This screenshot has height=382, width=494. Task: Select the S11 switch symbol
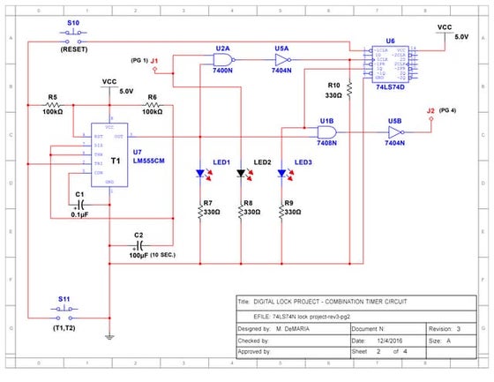tap(65, 311)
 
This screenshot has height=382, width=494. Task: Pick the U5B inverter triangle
tap(393, 132)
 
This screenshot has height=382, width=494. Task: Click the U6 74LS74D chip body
tap(390, 64)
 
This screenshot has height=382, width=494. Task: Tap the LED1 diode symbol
tap(200, 175)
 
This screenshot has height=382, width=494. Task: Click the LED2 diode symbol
tap(242, 175)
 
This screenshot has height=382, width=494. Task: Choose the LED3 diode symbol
tap(282, 175)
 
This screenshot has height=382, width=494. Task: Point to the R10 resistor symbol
tap(350, 87)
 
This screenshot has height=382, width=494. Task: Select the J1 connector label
tap(154, 60)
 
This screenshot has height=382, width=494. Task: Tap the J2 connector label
tap(430, 110)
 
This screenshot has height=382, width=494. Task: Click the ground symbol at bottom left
tap(108, 336)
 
